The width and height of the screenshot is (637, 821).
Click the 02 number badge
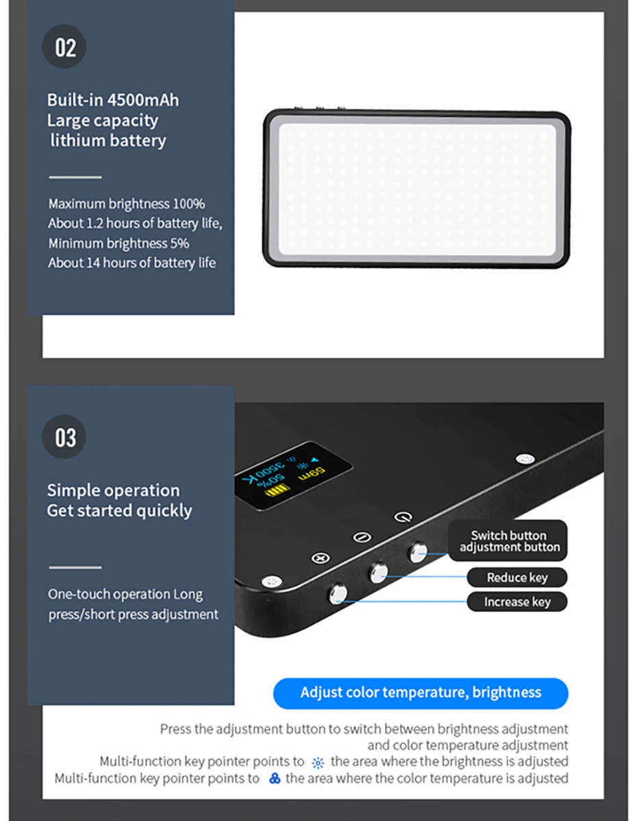pos(65,47)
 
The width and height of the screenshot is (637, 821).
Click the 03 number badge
pos(65,437)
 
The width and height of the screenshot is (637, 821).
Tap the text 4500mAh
pos(143,100)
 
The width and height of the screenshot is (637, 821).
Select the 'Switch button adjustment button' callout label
pos(509,541)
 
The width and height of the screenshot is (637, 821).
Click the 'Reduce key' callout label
pos(517,578)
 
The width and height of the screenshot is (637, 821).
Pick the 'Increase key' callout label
pos(517,602)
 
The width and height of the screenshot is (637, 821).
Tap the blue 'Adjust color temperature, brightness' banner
pos(421,693)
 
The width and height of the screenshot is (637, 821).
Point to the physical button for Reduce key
pos(378,572)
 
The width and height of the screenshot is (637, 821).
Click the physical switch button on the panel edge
pos(418,551)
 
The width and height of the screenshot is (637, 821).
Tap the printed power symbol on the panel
pos(403,516)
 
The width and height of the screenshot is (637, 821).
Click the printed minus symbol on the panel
pos(361,537)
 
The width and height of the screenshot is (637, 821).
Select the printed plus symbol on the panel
pos(318,558)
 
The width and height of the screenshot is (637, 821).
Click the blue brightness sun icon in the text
pos(318,763)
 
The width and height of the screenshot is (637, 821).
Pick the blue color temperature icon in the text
pos(275,779)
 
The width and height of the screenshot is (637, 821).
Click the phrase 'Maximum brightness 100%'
pos(127,204)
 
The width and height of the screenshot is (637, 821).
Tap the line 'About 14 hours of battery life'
pos(132,263)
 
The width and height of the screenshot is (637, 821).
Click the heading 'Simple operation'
pos(113,490)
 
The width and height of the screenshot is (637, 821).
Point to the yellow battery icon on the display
pos(282,490)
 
